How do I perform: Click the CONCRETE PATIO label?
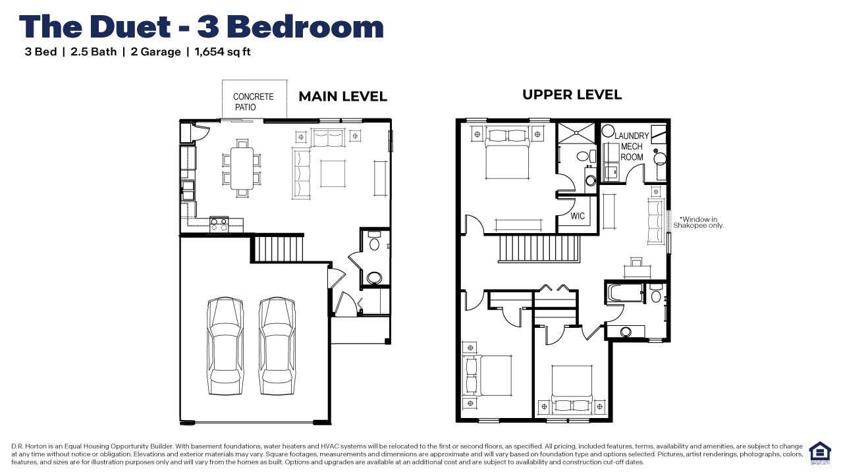[253, 101]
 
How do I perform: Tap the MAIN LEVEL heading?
[342, 97]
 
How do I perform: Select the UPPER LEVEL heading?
[572, 95]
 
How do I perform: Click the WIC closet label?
[578, 217]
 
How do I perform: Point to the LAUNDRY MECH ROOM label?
[632, 146]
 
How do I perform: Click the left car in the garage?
[225, 344]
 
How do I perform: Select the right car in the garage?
[276, 344]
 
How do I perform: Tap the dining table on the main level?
[242, 169]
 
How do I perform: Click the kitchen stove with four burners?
[219, 224]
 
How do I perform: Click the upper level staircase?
[538, 249]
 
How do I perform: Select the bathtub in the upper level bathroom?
[625, 292]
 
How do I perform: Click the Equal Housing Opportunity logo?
[820, 452]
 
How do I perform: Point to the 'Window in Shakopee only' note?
[698, 223]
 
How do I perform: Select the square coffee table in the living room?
[333, 173]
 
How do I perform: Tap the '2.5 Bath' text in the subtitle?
[94, 52]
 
